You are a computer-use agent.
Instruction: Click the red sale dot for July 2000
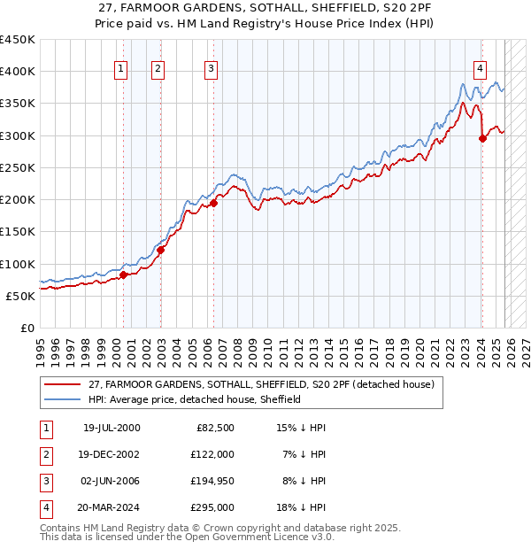click(124, 275)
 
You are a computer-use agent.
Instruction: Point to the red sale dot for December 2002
click(160, 250)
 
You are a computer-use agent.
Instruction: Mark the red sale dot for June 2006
click(213, 204)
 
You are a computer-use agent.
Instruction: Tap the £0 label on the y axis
click(27, 328)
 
